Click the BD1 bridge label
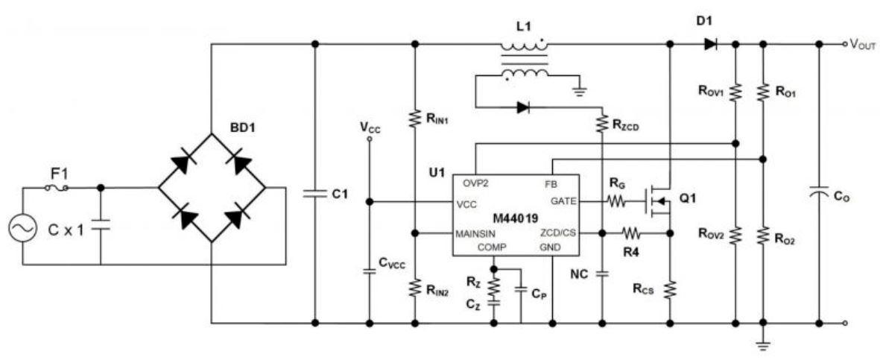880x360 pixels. (x=243, y=127)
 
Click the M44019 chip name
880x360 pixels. (x=516, y=217)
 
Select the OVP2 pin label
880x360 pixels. (x=475, y=183)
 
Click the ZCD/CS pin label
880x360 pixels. (x=558, y=233)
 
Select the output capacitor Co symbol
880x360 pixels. (x=819, y=194)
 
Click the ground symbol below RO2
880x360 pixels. (x=762, y=344)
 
